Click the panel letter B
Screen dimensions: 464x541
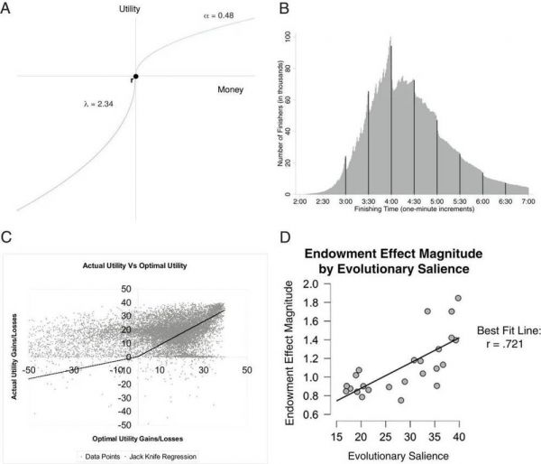285,10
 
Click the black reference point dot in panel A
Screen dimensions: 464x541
135,76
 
